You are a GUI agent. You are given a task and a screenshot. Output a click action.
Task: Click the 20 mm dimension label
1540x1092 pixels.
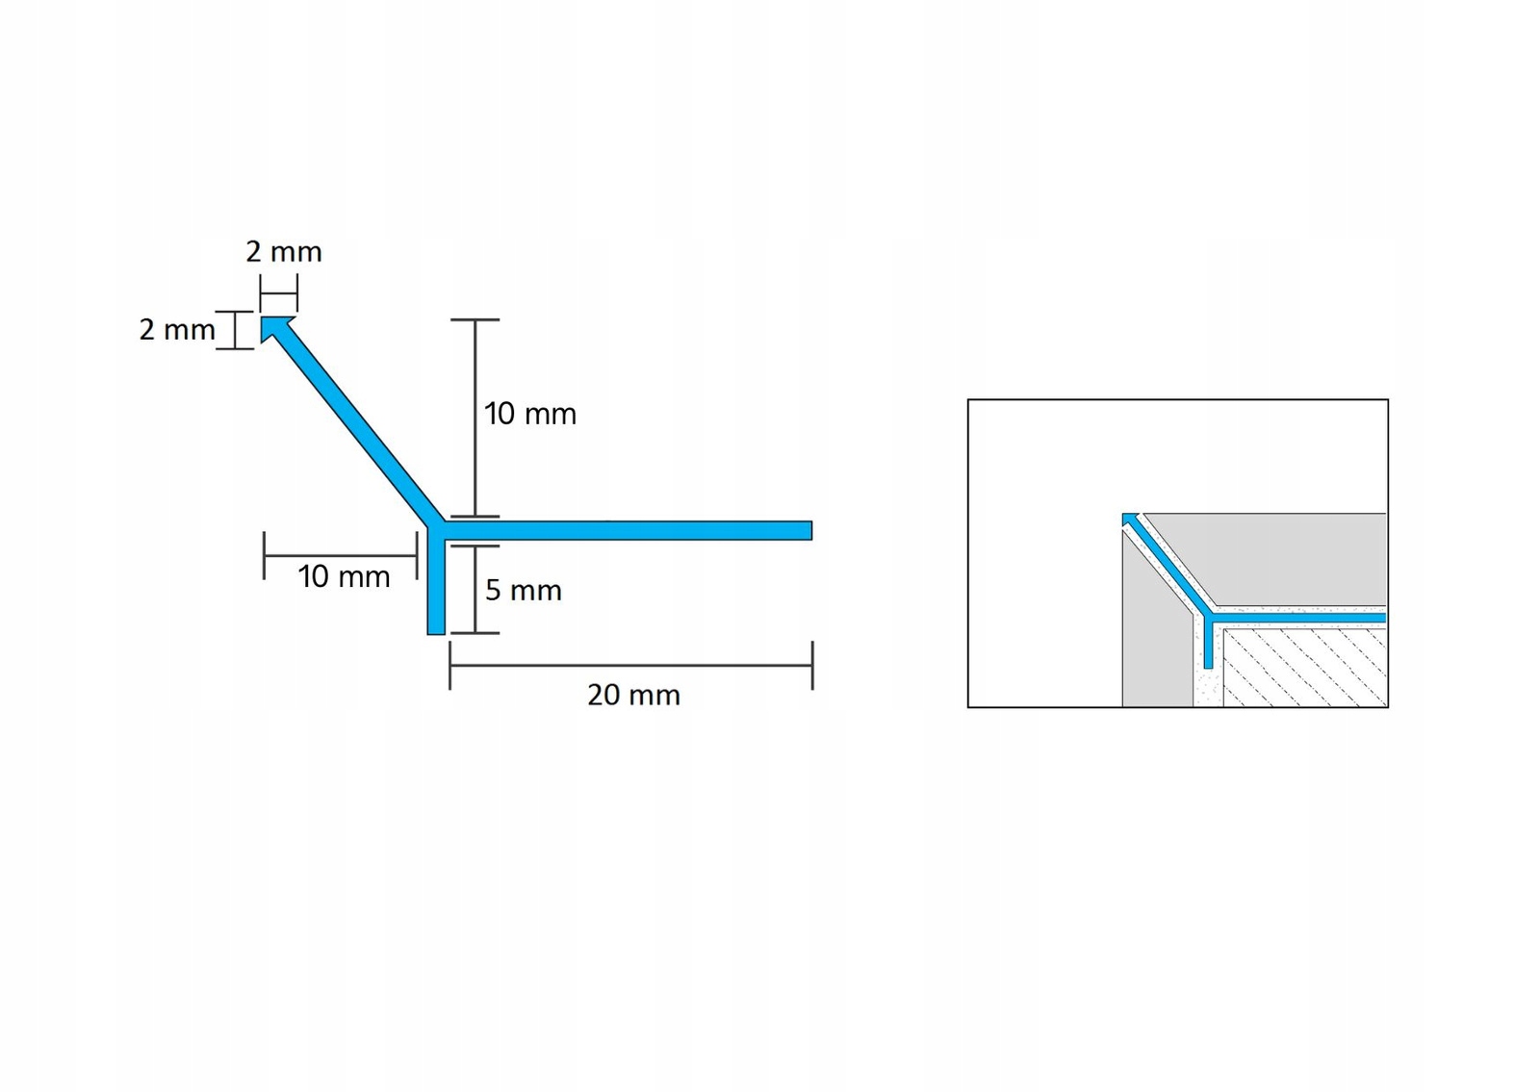(x=633, y=695)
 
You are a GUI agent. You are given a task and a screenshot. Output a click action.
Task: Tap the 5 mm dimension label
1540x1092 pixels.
(x=523, y=590)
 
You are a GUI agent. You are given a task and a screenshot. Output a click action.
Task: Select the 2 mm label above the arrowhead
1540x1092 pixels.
(x=283, y=252)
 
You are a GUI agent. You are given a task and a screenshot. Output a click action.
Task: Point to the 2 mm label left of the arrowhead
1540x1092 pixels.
(x=177, y=330)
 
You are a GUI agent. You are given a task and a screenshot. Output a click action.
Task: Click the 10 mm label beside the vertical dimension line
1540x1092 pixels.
(x=529, y=414)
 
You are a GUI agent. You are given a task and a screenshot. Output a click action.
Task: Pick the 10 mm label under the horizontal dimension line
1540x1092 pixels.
(x=344, y=577)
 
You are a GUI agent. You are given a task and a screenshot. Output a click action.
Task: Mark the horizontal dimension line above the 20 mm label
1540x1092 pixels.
(x=630, y=665)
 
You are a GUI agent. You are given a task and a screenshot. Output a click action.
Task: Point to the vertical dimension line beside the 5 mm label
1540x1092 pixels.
(x=475, y=589)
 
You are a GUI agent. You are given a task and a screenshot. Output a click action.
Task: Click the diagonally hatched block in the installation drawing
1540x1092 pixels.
(x=1304, y=669)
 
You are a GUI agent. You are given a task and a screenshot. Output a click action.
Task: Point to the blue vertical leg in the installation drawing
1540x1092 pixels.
(x=1209, y=645)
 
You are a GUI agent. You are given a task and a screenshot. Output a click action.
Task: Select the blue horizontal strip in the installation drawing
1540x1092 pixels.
(x=1299, y=617)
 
